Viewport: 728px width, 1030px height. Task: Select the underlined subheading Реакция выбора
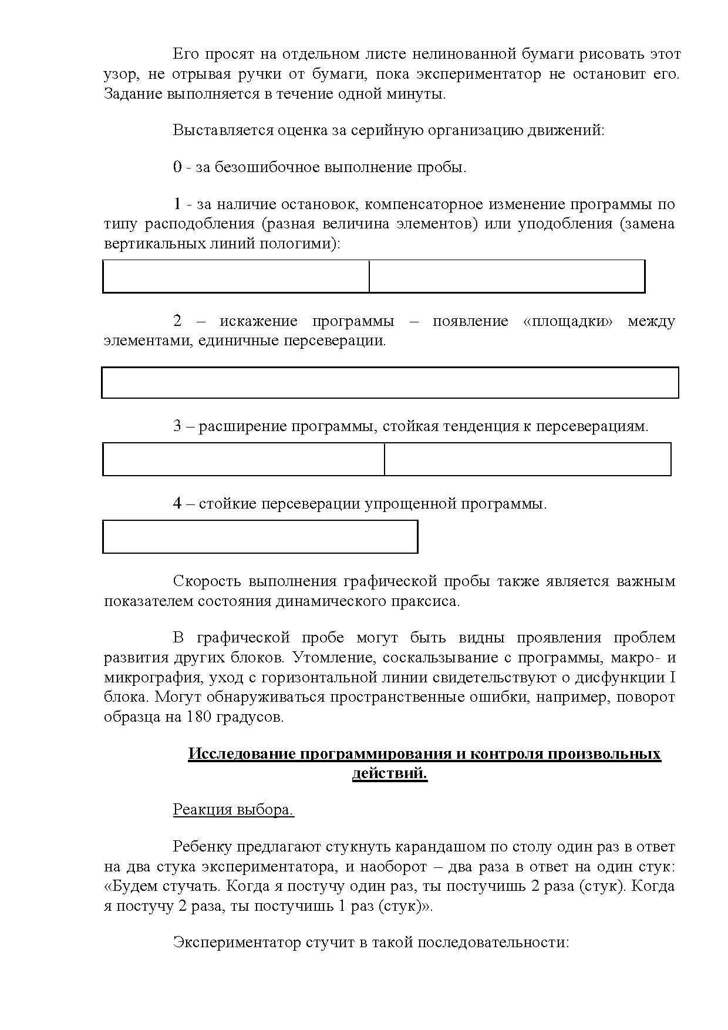(233, 809)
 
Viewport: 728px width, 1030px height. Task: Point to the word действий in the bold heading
(389, 773)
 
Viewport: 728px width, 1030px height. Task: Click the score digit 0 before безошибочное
(177, 167)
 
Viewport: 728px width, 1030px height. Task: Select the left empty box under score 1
(236, 276)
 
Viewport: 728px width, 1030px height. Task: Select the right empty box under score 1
(507, 276)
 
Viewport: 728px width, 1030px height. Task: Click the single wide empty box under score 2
(390, 383)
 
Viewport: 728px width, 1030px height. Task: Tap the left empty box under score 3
(244, 459)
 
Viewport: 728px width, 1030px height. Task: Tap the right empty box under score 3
(527, 459)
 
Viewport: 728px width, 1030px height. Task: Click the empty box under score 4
(260, 537)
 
